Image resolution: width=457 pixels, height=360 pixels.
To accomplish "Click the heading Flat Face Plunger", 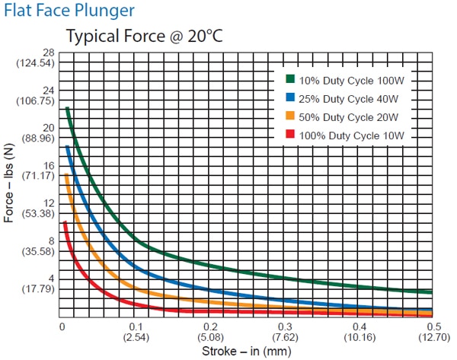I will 69,11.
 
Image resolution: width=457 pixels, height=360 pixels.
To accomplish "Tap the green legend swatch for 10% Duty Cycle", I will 290,79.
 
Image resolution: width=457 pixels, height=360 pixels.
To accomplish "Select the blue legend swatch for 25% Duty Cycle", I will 290,97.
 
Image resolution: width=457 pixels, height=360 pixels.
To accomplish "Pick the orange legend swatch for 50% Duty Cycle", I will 290,116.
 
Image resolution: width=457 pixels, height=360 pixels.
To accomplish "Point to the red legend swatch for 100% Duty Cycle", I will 290,134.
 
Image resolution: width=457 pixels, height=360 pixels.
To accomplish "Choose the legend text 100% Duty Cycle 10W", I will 350,135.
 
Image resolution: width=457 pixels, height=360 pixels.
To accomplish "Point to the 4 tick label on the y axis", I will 50,278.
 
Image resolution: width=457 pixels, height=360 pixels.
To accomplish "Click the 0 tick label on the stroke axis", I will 62,326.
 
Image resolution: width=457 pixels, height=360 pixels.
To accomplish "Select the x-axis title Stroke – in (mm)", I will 246,351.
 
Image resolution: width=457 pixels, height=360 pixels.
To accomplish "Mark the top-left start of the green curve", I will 67,108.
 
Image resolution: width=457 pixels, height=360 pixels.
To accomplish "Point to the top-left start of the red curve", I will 65,222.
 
